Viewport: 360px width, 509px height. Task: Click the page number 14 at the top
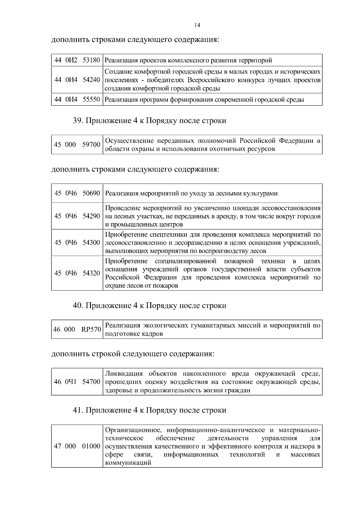197,25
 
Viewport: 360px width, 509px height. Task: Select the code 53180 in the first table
91,60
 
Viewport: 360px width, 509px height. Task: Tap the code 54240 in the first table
91,80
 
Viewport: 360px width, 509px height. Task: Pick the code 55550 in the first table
91,100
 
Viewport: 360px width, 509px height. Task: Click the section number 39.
78,121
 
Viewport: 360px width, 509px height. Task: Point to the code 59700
91,145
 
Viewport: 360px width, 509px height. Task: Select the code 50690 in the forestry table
91,193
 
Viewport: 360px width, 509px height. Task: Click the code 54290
91,216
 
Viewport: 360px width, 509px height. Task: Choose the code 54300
91,243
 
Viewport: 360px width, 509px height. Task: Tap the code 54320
91,273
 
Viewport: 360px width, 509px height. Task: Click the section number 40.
78,306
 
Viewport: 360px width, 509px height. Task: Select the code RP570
91,330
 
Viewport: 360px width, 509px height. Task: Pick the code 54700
91,382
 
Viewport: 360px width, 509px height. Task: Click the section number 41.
78,410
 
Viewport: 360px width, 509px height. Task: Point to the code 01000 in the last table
91,446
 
